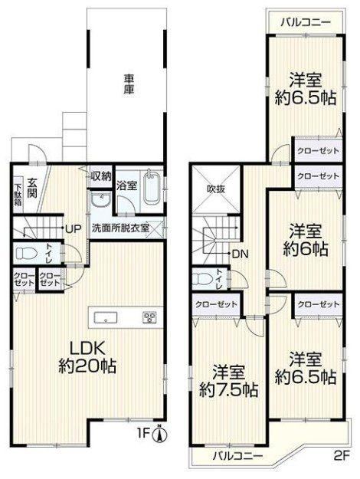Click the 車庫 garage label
(x=129, y=84)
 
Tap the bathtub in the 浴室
(x=152, y=186)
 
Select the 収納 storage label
(x=101, y=176)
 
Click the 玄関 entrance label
(x=31, y=189)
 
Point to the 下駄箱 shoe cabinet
(x=18, y=195)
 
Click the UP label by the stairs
(x=73, y=228)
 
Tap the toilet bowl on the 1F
(x=26, y=253)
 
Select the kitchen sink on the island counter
(x=106, y=318)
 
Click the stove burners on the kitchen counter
(x=149, y=317)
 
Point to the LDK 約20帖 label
(x=87, y=357)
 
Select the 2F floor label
(x=342, y=456)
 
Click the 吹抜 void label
(x=216, y=189)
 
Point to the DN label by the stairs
(x=241, y=254)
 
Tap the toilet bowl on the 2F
(x=203, y=279)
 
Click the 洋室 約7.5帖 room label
(x=229, y=380)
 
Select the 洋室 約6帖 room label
(x=305, y=240)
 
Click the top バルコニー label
(x=306, y=22)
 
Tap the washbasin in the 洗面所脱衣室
(x=101, y=200)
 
